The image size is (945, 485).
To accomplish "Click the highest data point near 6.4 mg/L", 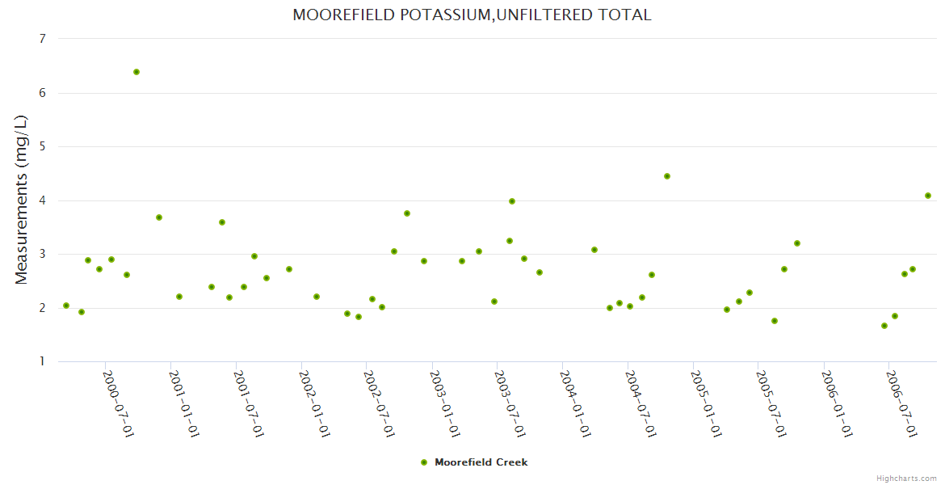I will click(136, 72).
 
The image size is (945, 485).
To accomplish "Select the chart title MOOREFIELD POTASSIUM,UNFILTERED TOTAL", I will click(472, 15).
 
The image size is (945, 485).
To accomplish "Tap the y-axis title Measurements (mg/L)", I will click(22, 200).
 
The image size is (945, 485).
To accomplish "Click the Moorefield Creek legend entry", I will click(481, 462).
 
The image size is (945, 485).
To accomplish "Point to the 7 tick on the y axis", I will click(41, 39).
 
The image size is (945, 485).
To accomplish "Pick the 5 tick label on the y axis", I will click(41, 146).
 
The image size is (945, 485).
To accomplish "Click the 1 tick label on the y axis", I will click(41, 361).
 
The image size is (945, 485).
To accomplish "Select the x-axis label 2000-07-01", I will click(118, 404).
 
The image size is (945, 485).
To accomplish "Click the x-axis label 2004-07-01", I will click(639, 404).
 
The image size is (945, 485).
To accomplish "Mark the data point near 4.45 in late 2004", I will click(667, 176).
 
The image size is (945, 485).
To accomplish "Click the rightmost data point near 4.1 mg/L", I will click(928, 196).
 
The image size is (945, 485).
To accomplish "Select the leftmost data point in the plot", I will click(66, 306).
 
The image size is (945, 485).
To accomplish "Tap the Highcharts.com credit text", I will click(906, 478).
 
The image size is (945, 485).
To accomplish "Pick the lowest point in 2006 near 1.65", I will click(884, 326).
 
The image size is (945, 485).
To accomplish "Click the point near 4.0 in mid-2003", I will click(512, 201).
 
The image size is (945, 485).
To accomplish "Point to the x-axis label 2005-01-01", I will click(704, 404).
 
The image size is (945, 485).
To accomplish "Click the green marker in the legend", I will click(424, 462).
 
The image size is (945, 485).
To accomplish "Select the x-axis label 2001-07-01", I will click(248, 404).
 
